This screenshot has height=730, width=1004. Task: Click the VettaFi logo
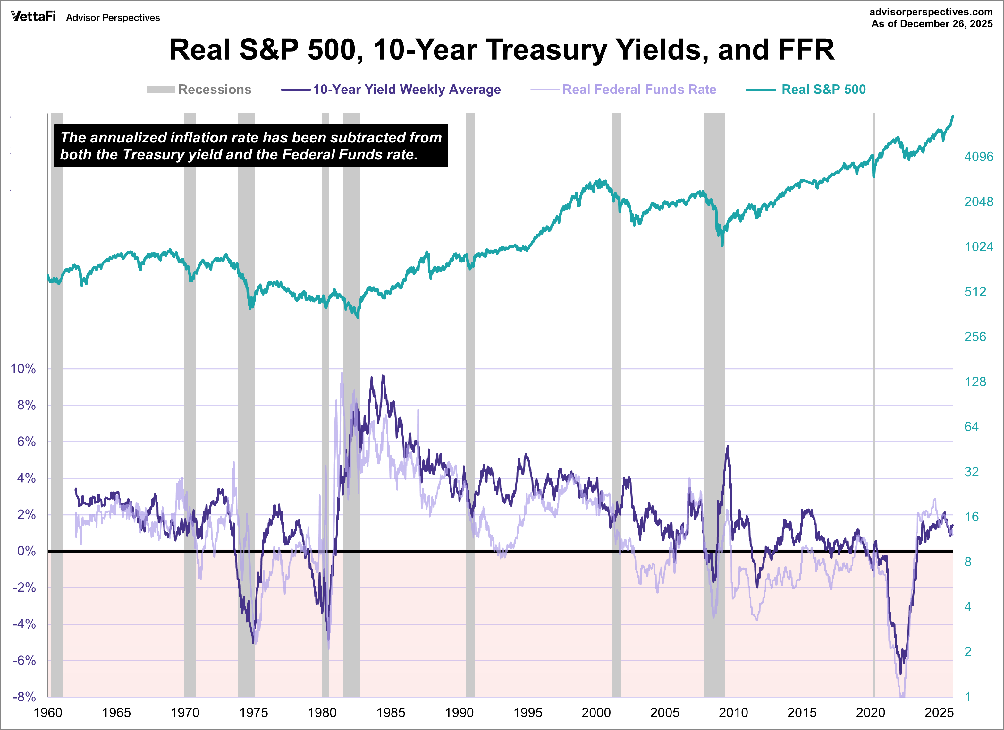click(33, 17)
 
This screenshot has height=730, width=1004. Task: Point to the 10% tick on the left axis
click(23, 369)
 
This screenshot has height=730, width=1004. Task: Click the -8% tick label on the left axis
click(24, 697)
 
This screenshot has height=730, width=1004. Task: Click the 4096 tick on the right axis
click(979, 157)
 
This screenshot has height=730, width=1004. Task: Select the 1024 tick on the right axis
click(979, 247)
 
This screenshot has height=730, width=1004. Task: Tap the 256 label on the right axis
click(975, 337)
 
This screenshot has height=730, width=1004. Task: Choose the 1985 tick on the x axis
click(391, 713)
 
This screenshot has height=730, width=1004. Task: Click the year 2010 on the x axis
click(733, 713)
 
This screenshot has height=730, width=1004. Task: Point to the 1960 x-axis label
click(48, 713)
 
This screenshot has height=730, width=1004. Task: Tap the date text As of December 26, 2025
click(932, 24)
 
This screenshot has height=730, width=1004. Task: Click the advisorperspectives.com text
click(931, 12)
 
